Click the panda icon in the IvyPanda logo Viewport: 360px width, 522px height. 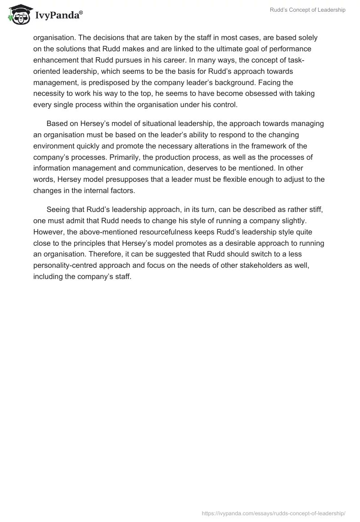point(18,15)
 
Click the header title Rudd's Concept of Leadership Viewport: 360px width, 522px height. point(307,10)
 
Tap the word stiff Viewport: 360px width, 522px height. point(312,210)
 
